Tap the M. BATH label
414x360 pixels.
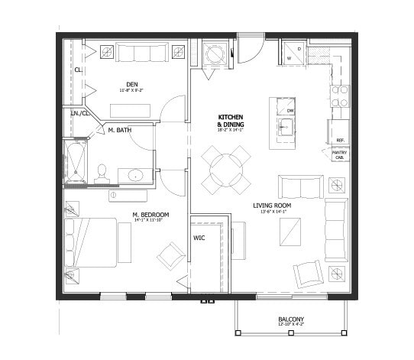coord(119,130)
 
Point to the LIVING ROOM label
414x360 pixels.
coord(275,205)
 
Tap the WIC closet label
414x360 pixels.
coord(198,238)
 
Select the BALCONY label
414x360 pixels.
coord(290,319)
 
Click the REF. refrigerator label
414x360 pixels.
coord(340,141)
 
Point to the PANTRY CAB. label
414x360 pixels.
coord(340,155)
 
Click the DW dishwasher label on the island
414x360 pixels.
coord(290,111)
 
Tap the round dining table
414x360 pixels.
coord(226,170)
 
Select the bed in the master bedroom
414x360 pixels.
coord(92,242)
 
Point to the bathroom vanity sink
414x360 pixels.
coord(135,175)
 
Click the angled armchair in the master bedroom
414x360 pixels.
coord(172,256)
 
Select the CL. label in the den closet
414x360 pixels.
coord(78,70)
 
